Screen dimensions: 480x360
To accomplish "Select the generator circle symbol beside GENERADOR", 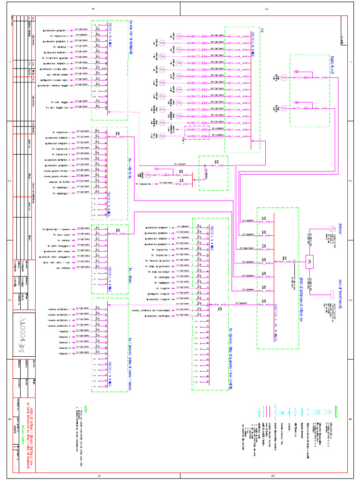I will tap(331, 228).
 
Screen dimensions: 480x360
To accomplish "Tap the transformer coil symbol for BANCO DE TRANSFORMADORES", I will tap(331, 294).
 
